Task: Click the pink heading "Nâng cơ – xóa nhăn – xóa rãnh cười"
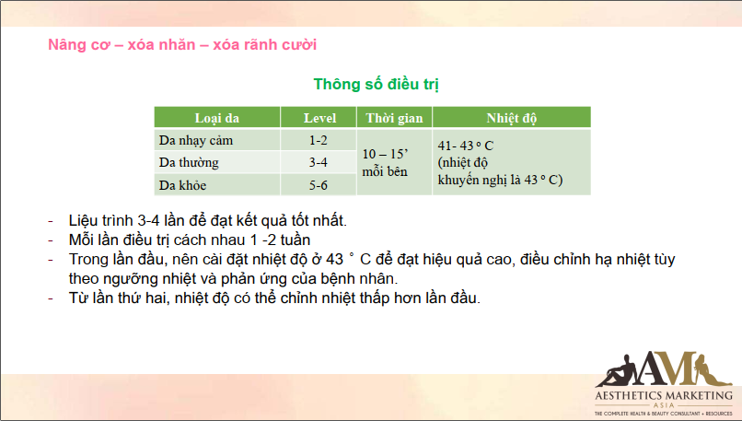click(182, 44)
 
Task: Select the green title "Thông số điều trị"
click(377, 85)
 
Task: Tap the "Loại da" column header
click(217, 118)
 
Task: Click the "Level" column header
click(319, 118)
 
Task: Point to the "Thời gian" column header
click(394, 118)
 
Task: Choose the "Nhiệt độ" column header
click(512, 118)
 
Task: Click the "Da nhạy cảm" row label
click(196, 141)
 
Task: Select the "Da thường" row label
click(189, 162)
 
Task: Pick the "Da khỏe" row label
click(182, 185)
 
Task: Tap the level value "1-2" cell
click(318, 140)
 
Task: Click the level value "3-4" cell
click(318, 162)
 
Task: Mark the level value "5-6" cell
click(318, 185)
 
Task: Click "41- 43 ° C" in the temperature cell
click(466, 146)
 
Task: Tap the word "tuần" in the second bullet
click(296, 240)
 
